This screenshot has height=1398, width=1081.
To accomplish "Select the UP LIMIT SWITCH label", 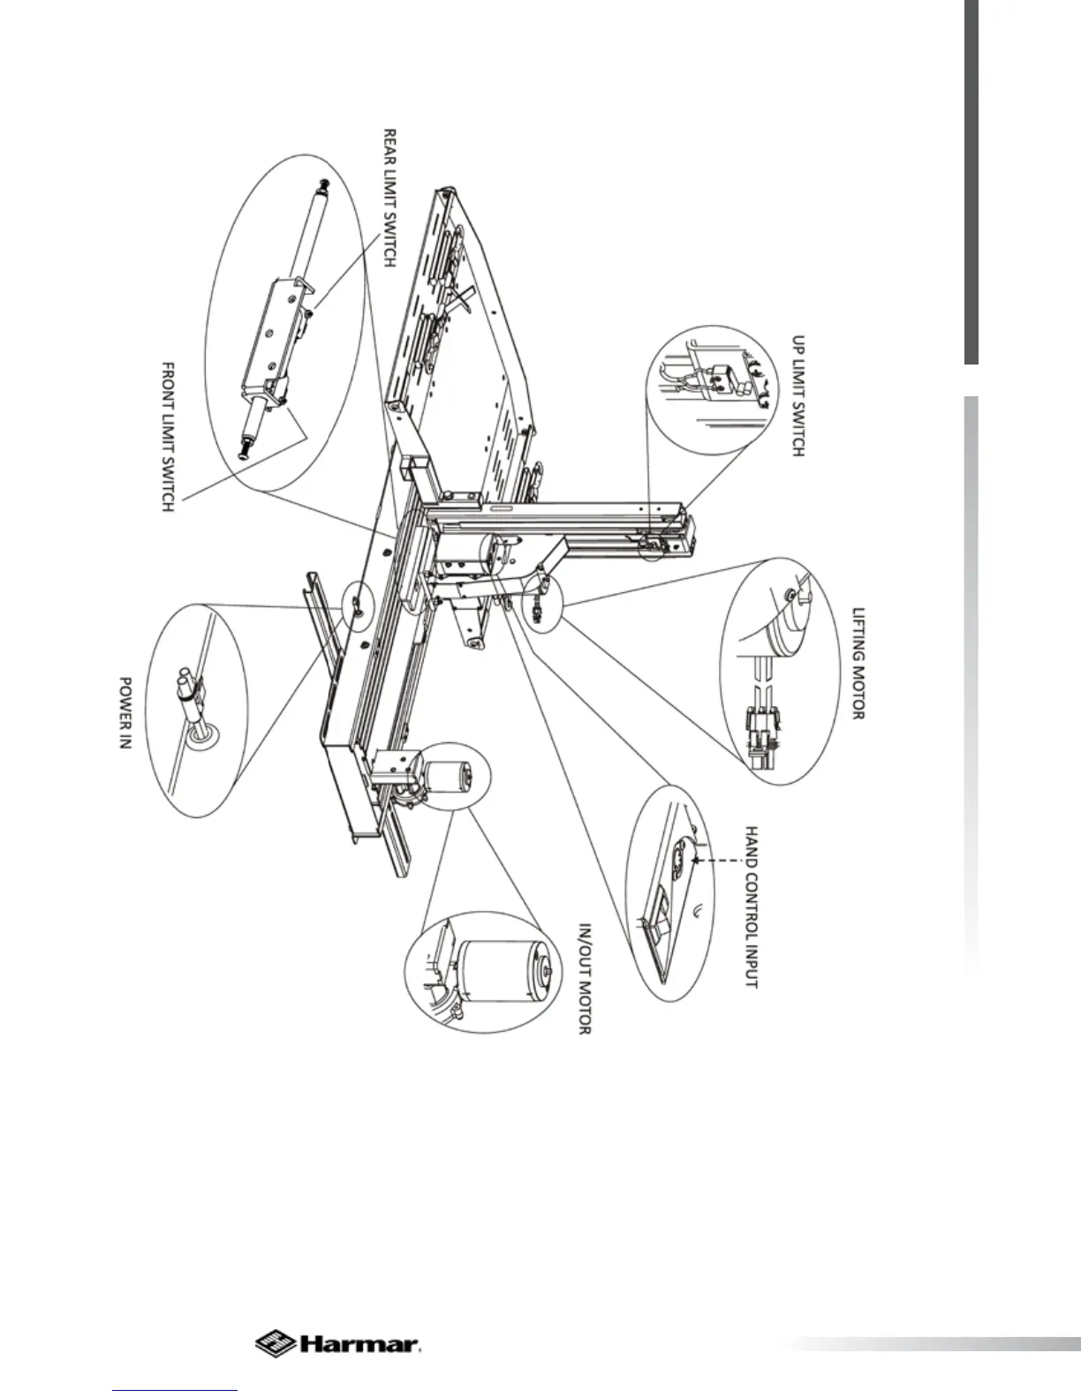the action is [797, 395].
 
